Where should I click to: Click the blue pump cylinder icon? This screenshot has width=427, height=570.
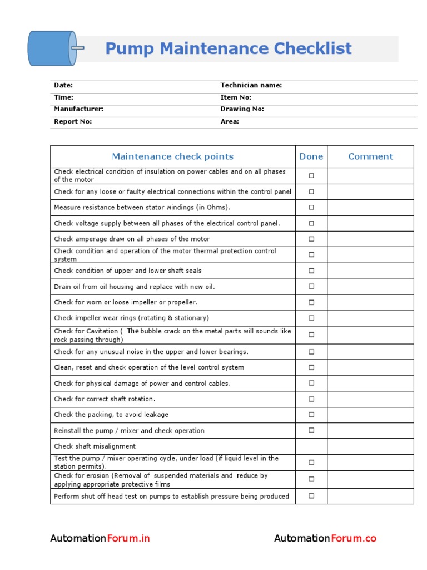(x=51, y=48)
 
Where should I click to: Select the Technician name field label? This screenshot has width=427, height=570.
(x=251, y=86)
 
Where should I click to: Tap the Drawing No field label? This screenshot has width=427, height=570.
(x=242, y=110)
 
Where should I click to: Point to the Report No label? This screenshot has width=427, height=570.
(x=72, y=121)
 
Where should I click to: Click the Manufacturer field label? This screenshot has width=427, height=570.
(x=78, y=110)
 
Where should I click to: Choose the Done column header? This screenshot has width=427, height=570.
(x=311, y=157)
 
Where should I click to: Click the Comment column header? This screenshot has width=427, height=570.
(x=370, y=157)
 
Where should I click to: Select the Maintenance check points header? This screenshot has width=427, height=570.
(x=172, y=157)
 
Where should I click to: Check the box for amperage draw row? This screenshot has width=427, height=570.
(x=311, y=239)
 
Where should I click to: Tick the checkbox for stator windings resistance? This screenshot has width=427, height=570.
(x=311, y=207)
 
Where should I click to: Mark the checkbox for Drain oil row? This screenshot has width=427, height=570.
(x=311, y=287)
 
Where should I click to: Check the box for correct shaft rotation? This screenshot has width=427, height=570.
(x=311, y=399)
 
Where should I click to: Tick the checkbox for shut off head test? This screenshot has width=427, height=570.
(x=311, y=496)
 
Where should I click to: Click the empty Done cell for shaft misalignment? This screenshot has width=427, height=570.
(x=311, y=446)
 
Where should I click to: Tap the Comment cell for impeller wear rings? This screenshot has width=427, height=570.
(x=370, y=318)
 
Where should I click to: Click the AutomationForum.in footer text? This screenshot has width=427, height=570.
(x=100, y=538)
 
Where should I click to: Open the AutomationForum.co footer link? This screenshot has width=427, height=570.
(x=325, y=538)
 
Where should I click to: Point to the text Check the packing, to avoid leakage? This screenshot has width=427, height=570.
(x=111, y=415)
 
